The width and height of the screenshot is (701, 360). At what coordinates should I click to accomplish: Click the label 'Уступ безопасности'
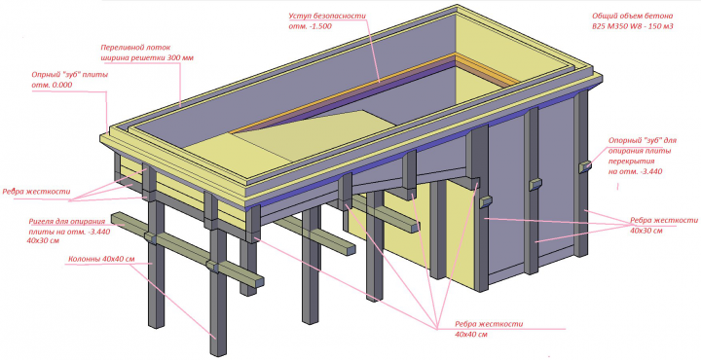tap(327, 17)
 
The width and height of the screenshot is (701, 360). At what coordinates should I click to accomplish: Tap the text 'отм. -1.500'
tap(310, 26)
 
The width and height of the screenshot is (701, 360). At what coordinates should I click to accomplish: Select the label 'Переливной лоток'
tap(135, 48)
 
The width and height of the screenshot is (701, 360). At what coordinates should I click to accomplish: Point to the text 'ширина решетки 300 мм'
tap(147, 57)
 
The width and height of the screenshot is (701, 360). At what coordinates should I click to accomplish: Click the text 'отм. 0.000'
tap(52, 85)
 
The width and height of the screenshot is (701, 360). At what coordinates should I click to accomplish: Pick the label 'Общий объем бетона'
tap(632, 17)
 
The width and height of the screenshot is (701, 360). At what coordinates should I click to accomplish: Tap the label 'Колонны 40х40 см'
tap(101, 259)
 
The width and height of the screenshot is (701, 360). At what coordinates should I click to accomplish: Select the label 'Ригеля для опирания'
tap(67, 221)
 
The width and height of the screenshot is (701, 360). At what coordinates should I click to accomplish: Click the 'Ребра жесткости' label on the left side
tap(36, 192)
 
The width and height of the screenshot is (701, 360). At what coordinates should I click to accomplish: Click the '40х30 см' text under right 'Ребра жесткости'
tap(646, 231)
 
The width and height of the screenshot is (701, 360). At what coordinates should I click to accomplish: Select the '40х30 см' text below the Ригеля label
tap(43, 240)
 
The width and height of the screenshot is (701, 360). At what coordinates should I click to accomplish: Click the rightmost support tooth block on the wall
tap(585, 166)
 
